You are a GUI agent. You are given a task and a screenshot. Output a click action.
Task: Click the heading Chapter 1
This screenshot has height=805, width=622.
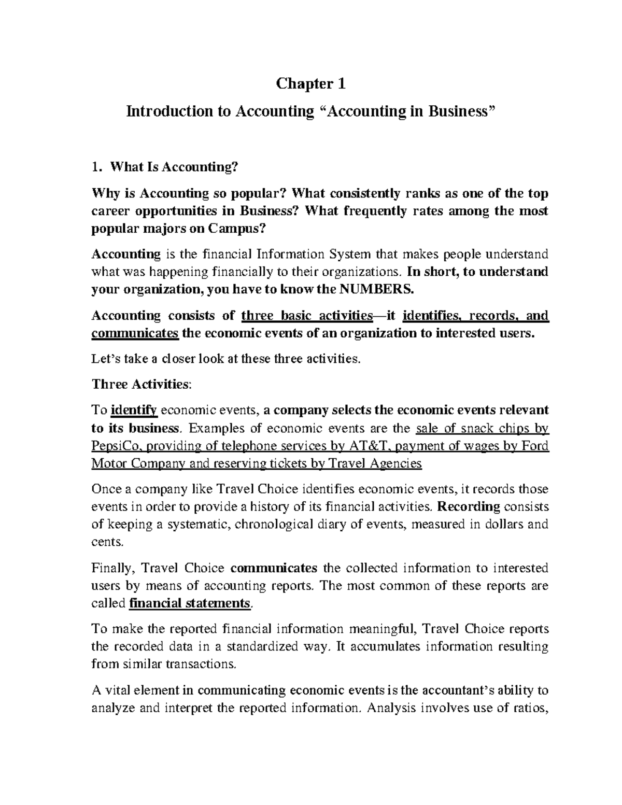[310, 83]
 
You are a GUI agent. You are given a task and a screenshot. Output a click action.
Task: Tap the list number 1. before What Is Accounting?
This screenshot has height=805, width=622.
[95, 167]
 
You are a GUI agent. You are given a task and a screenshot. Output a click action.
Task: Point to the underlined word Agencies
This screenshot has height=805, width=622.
[395, 463]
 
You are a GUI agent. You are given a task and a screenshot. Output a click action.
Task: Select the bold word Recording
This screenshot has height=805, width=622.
[469, 506]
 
